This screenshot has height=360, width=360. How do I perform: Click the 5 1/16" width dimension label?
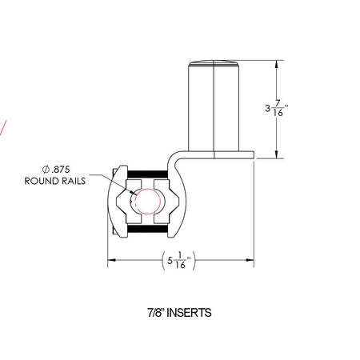tap(182, 261)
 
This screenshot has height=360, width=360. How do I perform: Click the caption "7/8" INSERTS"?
tap(180, 313)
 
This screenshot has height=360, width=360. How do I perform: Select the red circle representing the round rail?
tap(146, 200)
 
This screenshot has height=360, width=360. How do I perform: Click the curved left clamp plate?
tap(114, 200)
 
